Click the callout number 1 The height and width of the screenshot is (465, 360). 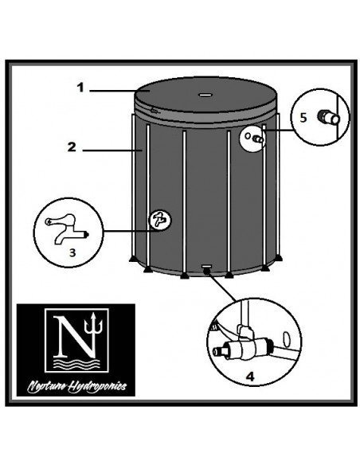[x=80, y=88]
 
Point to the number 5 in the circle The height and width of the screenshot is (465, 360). [x=303, y=115]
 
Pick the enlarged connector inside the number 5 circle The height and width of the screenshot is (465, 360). [x=327, y=118]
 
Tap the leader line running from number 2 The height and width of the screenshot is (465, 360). [x=107, y=148]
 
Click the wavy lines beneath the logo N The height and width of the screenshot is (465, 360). [x=76, y=363]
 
